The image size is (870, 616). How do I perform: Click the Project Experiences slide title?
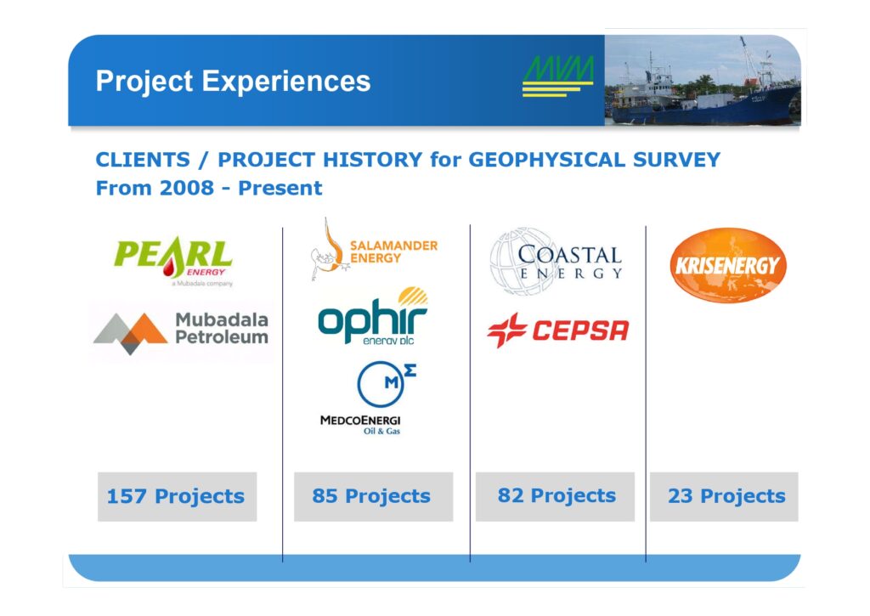[233, 81]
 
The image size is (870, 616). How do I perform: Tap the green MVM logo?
[558, 76]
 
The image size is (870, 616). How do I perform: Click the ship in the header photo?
[704, 94]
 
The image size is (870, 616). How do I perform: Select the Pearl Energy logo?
[173, 261]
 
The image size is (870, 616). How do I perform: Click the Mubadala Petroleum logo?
[181, 332]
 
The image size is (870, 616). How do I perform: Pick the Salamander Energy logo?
[374, 250]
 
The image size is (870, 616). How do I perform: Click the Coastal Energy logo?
[556, 261]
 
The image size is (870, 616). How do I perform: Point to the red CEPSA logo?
[558, 331]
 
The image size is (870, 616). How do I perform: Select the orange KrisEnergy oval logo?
[728, 265]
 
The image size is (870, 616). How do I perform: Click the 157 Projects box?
[177, 497]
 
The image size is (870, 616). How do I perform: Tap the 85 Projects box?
[374, 497]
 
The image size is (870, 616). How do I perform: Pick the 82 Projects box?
[555, 497]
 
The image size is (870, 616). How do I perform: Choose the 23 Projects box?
[724, 497]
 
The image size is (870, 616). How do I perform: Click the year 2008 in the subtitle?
[186, 188]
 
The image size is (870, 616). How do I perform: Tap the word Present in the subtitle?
[280, 188]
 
